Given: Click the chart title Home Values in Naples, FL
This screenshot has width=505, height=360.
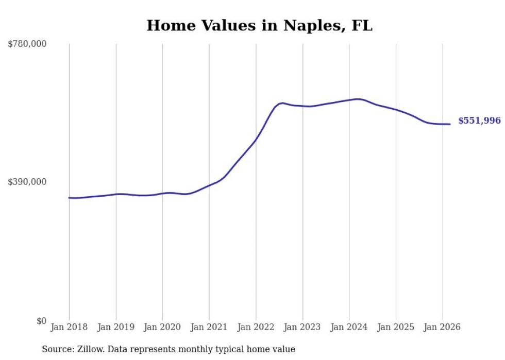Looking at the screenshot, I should pos(259,25).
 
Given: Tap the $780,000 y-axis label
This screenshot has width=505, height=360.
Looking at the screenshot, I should pos(27,44).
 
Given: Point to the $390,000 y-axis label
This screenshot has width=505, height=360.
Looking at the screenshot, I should pos(27,182).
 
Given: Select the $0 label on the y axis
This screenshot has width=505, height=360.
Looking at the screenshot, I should pos(41,321).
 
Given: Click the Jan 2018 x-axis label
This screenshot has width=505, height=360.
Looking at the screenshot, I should pos(69,328).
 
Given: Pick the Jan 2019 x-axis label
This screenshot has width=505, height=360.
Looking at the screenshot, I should pos(115,328).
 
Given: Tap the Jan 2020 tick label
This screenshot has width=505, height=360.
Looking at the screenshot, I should pos(162,328).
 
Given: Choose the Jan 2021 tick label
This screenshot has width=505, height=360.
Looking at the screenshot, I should pos(209,328).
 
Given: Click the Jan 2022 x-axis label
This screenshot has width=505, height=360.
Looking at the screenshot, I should pos(256,328).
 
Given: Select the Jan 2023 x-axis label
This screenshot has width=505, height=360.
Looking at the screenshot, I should pos(302,328).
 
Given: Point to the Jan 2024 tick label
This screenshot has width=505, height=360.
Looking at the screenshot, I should pos(349,328).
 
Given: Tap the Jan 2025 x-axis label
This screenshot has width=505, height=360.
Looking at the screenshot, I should pos(396,328).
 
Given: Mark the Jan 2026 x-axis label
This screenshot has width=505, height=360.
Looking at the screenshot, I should pos(442,328).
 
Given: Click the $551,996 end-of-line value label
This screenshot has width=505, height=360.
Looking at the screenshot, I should pos(479,121).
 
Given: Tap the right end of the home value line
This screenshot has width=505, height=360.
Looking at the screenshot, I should pos(450,124).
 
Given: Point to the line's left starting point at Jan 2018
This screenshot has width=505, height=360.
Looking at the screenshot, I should pos(69,197).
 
